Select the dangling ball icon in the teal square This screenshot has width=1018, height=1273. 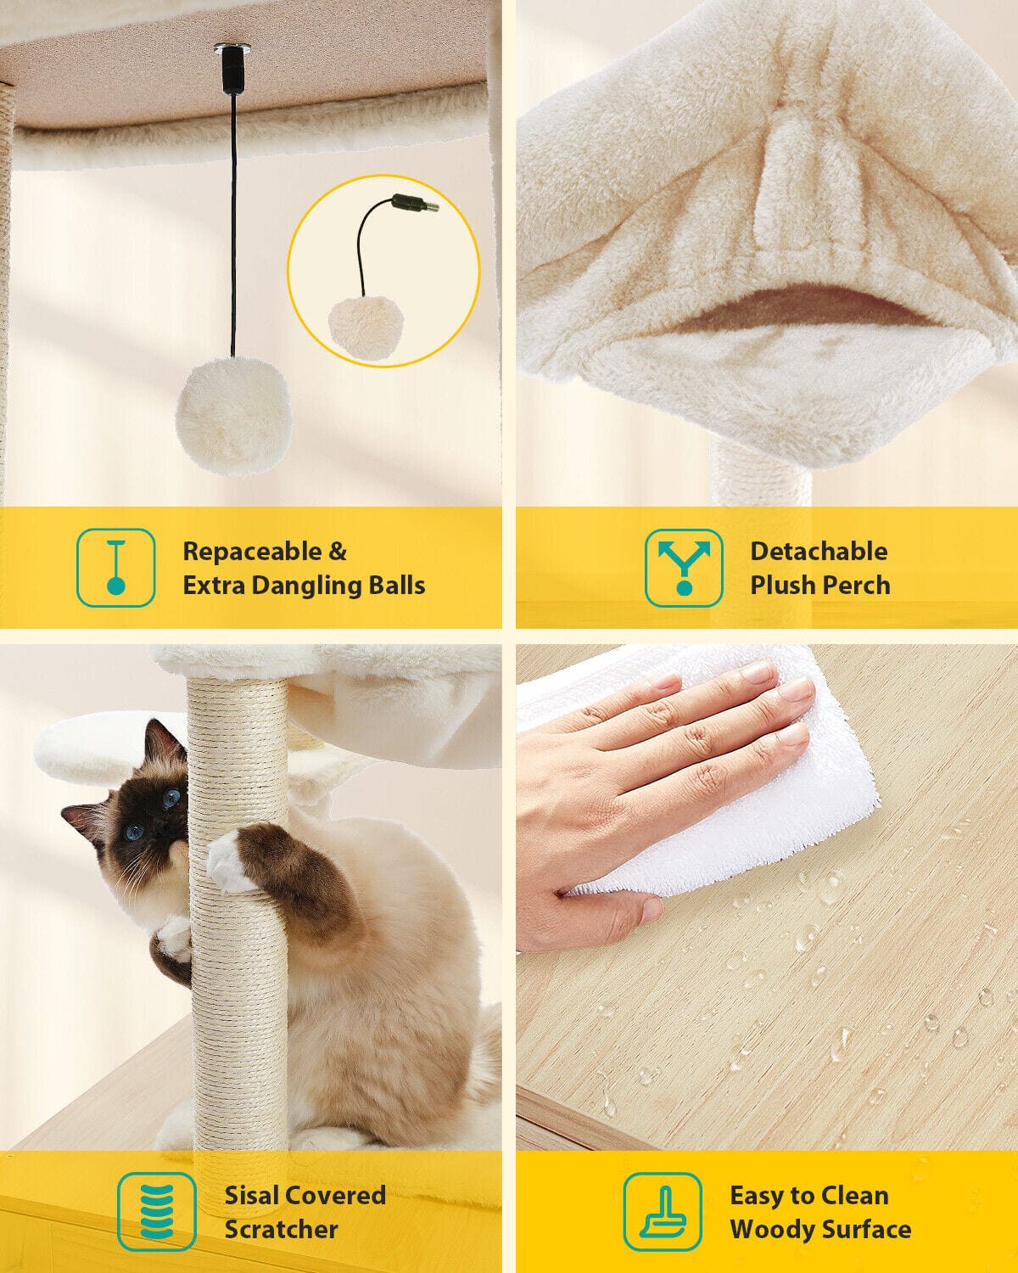(116, 567)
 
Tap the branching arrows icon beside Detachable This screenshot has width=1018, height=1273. (685, 567)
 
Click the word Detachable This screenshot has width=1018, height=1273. (819, 552)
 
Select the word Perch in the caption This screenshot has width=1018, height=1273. (857, 585)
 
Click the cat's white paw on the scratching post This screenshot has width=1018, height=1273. (227, 859)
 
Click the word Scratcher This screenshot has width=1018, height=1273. (281, 1229)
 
